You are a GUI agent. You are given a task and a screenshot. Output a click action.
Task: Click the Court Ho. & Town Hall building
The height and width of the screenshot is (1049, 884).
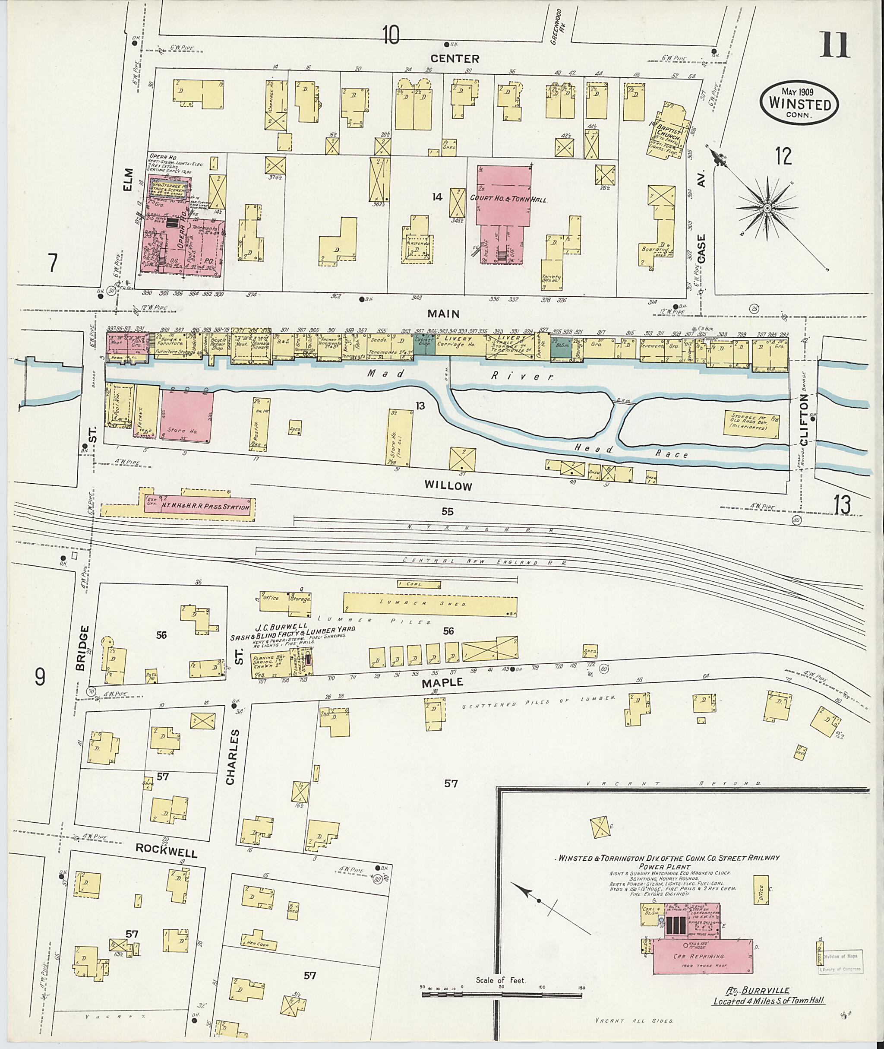coord(504,198)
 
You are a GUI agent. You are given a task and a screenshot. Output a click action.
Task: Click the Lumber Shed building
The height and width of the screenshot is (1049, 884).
coord(429,604)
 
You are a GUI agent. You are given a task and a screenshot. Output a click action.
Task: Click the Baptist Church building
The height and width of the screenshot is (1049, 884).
coord(667,131)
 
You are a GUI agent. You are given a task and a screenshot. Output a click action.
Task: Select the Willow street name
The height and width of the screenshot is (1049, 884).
coord(448,485)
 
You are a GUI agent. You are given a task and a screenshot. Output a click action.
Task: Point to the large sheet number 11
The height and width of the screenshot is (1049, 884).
coord(834,46)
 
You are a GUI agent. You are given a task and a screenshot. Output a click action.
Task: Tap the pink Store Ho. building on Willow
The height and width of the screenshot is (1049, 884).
coord(187,416)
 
